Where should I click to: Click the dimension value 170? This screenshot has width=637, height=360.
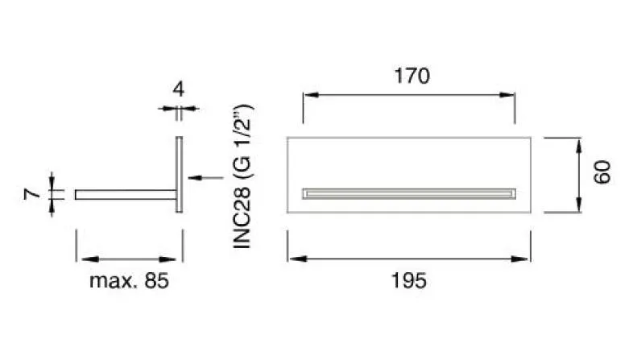click(412, 76)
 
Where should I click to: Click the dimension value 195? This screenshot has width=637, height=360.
click(408, 281)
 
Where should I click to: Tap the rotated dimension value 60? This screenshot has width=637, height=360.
click(602, 172)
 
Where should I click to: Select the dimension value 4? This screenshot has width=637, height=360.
click(179, 89)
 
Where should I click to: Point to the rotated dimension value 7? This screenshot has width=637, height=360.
click(32, 194)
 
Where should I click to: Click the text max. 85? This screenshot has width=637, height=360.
click(129, 281)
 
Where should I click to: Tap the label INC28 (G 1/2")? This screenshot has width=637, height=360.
click(243, 176)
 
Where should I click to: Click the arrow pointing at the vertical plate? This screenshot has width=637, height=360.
click(205, 177)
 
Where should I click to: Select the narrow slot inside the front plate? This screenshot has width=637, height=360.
click(409, 194)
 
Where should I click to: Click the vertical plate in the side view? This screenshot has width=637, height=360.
click(179, 174)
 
